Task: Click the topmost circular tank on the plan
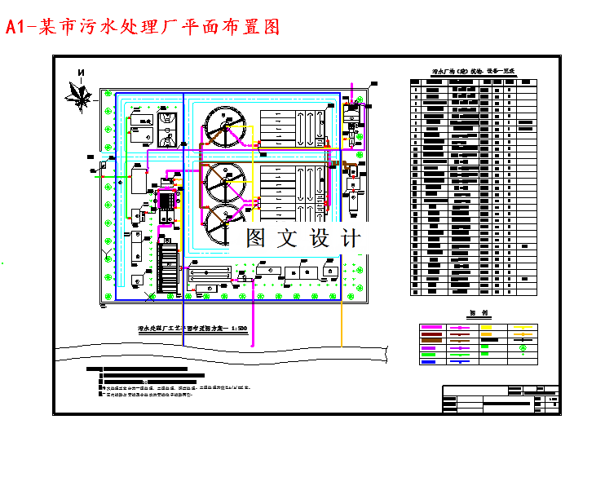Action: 226,129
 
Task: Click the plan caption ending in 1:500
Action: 193,329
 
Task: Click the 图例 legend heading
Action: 478,313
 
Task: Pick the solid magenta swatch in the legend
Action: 431,327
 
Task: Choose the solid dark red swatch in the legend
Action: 431,334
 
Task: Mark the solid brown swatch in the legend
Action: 431,341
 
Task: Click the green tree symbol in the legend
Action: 522,348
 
